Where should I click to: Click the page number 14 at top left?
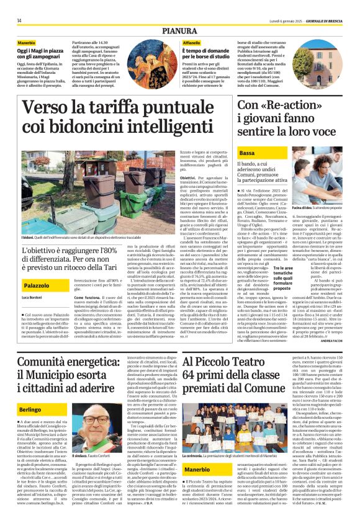[19, 20]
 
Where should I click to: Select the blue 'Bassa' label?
[246, 153]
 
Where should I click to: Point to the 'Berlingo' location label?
[30, 393]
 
